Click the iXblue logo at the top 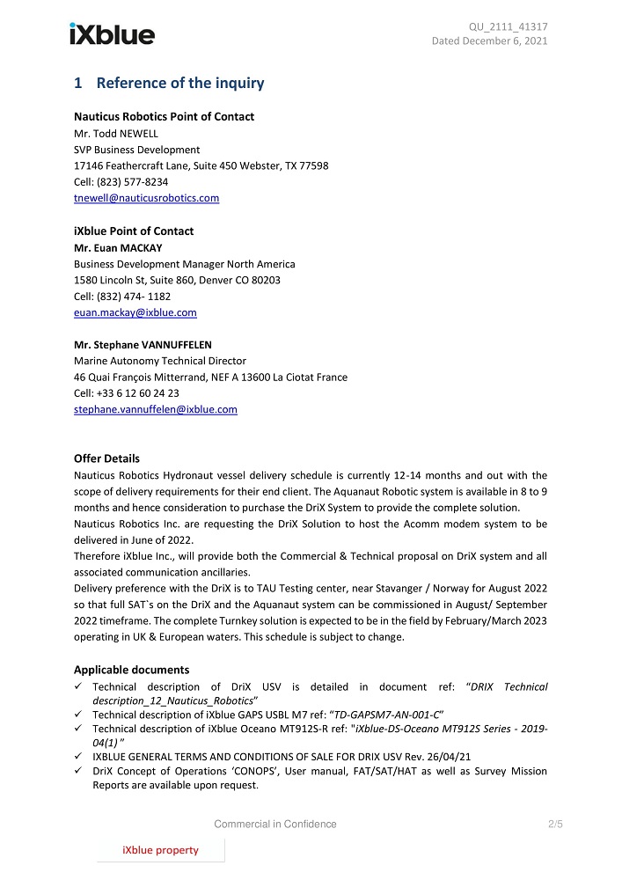click(112, 34)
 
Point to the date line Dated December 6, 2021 click(489, 41)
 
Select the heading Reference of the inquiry click(179, 84)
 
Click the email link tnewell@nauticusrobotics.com click(146, 198)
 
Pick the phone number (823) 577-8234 click(132, 181)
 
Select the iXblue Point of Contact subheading click(134, 231)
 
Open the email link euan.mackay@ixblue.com click(135, 312)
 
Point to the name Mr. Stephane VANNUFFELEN click(143, 344)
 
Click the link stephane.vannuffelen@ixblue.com click(155, 409)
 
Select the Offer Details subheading click(106, 458)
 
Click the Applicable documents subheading click(131, 670)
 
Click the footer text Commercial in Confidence click(275, 824)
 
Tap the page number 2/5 click(554, 824)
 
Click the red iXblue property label click(160, 850)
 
